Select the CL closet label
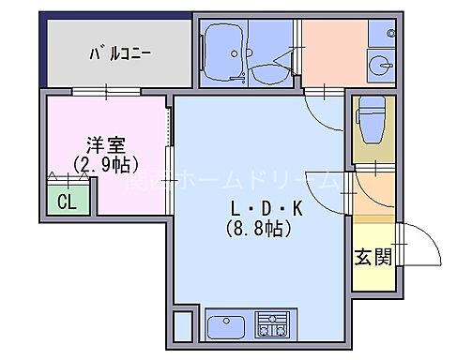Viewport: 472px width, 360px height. click(68, 200)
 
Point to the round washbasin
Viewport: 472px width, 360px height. click(381, 67)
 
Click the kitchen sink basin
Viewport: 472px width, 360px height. click(223, 329)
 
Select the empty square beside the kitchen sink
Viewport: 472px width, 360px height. click(182, 326)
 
